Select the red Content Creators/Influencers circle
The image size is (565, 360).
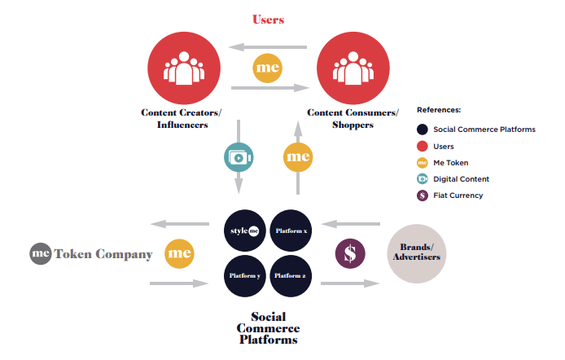[x=182, y=67]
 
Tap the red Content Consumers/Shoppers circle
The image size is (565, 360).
[x=351, y=67]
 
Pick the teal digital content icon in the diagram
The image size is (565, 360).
[x=239, y=156]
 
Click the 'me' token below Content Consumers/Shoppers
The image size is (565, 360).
[x=298, y=156]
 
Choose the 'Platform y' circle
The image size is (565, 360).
[x=245, y=275]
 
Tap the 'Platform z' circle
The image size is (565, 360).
[x=291, y=275]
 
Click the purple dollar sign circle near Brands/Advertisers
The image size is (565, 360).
[x=350, y=252]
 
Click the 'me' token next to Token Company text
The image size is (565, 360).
[x=179, y=254]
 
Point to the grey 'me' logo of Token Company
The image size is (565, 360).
[x=42, y=254]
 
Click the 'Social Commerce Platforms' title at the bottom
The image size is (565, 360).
[x=268, y=327]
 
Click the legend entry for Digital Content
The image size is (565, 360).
[x=461, y=179]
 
